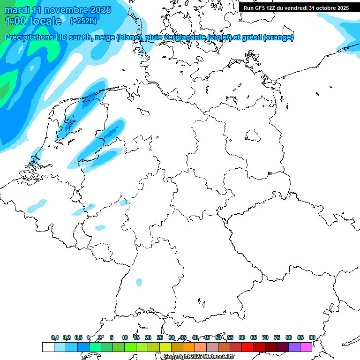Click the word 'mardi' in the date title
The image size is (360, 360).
coord(16,10)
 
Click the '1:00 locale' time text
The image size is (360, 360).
coord(33,21)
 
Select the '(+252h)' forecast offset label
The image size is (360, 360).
coord(83,21)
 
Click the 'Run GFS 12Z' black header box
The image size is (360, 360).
coord(296,8)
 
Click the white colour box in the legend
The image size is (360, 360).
coord(48,347)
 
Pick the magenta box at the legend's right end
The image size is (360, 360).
coord(306,347)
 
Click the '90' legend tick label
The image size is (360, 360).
coord(312,337)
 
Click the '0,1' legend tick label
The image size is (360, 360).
coord(54,337)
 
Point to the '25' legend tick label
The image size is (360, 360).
coord(160,337)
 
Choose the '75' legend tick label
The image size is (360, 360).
coord(277,337)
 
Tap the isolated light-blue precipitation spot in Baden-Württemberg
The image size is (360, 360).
coord(139,282)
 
